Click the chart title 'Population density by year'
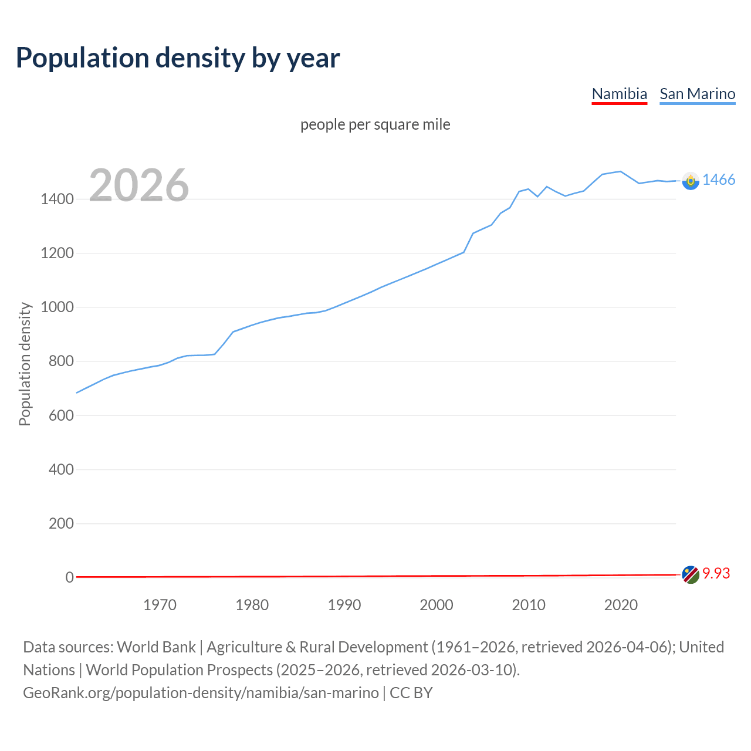[178, 57]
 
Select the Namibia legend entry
[619, 94]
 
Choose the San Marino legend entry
[697, 94]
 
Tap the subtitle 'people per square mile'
[375, 124]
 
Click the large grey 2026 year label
[139, 185]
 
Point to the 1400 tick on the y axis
[57, 199]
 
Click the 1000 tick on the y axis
[57, 307]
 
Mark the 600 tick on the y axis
[61, 415]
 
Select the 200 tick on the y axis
[61, 523]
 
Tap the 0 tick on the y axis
[69, 577]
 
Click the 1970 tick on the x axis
[160, 605]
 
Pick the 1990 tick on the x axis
[344, 605]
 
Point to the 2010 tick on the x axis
[529, 605]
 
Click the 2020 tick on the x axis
[621, 605]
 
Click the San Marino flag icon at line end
[691, 181]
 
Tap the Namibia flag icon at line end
[691, 574]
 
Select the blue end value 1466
[719, 180]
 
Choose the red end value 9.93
[716, 574]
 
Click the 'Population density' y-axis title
[25, 364]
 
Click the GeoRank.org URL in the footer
[201, 693]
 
